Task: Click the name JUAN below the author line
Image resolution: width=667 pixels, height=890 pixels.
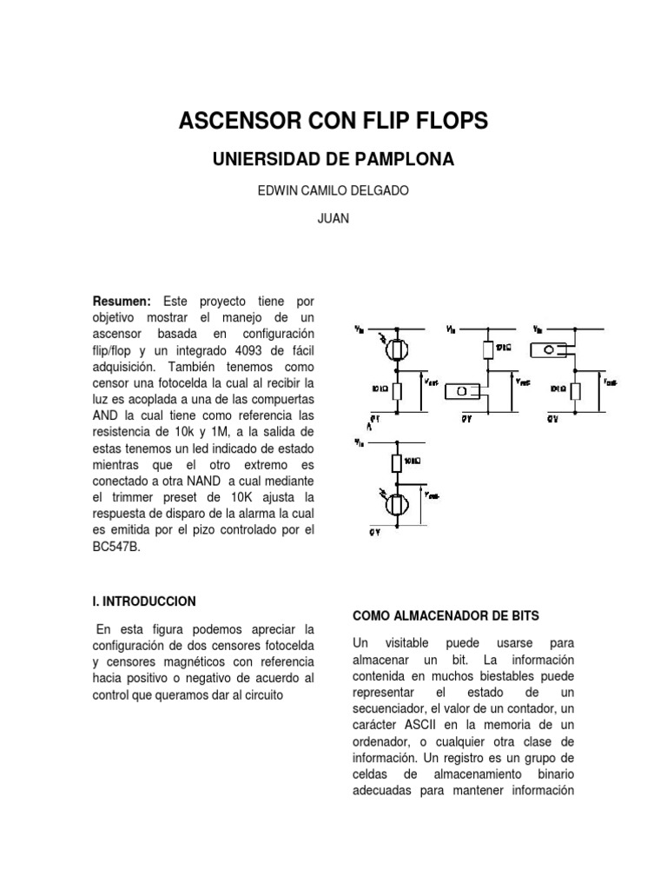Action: (x=333, y=219)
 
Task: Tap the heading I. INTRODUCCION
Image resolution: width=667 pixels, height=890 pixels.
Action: (x=144, y=601)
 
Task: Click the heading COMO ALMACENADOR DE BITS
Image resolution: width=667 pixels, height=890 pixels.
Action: (x=446, y=615)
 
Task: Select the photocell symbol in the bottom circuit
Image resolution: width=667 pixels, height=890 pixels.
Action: (x=399, y=503)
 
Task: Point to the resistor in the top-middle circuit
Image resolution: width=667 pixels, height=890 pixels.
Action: (x=486, y=349)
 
